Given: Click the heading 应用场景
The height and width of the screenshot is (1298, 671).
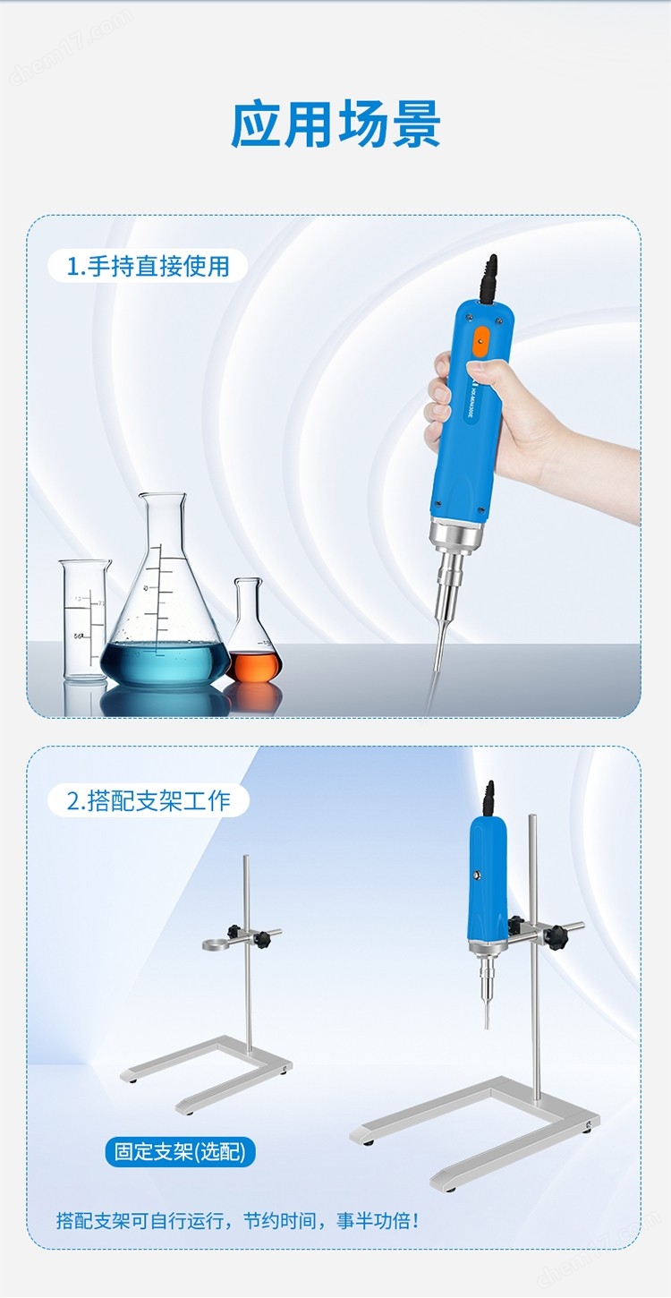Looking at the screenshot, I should (x=335, y=124).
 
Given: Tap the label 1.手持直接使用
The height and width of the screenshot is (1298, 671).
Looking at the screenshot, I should (x=149, y=266).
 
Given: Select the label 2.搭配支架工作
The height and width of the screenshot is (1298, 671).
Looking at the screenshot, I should (x=149, y=799).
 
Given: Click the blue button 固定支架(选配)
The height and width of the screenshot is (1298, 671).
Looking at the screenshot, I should (x=180, y=1150).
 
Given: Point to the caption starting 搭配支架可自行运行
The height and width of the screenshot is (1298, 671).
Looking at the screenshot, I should (x=237, y=1220).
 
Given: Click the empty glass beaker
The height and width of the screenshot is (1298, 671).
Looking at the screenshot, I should (x=84, y=621).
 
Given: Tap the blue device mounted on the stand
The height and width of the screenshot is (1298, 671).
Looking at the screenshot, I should (x=488, y=882).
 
